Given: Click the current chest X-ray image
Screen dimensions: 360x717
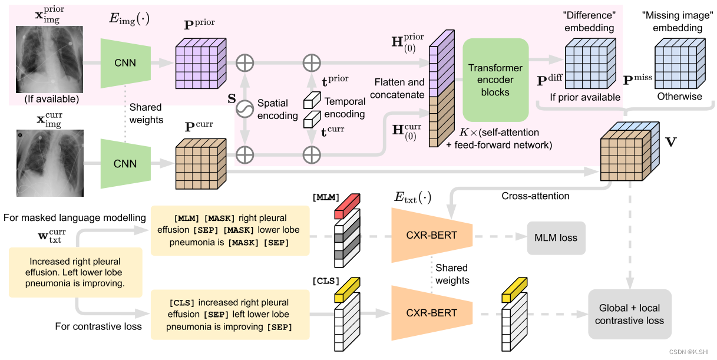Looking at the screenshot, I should coord(50,164).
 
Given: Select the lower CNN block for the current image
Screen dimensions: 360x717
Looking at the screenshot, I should coord(125,164).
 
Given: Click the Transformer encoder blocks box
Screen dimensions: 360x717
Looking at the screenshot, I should coord(495,80).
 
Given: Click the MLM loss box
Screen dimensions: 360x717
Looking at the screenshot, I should coord(556,238).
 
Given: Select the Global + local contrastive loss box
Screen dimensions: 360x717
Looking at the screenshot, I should coord(629,314).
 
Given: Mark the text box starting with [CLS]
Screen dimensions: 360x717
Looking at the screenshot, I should coord(230,314).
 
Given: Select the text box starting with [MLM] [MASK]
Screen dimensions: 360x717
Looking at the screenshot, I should coord(230,230).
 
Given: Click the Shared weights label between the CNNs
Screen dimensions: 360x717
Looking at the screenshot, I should coord(146,114).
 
